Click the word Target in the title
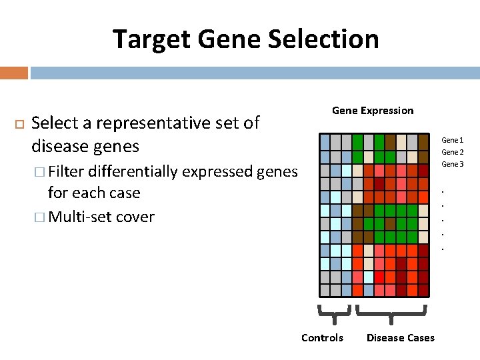(151, 39)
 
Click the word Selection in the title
(323, 39)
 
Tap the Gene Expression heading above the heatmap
(373, 111)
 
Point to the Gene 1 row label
(452, 140)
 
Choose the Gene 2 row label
(452, 152)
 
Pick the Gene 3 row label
(452, 164)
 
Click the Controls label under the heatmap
(322, 338)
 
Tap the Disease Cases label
(400, 338)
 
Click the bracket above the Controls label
(335, 310)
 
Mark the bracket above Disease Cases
(390, 311)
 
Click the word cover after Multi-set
(134, 217)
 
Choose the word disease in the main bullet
(56, 146)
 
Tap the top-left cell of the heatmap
(325, 141)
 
